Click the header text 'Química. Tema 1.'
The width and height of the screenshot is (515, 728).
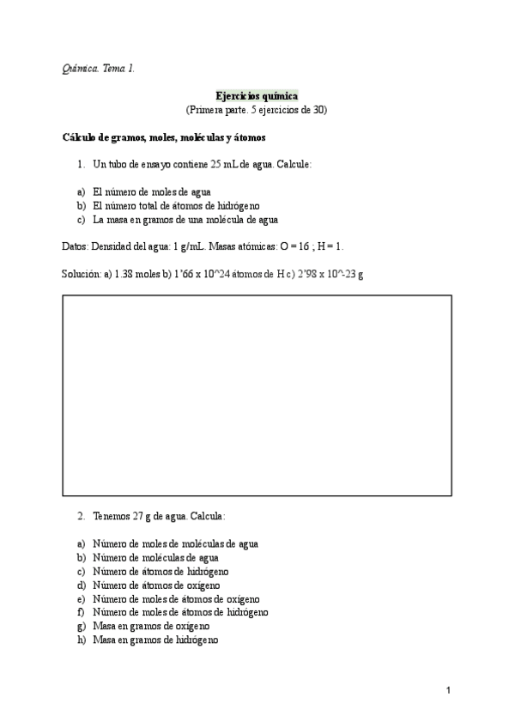tap(99, 69)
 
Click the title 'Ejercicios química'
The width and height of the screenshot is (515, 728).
tap(257, 97)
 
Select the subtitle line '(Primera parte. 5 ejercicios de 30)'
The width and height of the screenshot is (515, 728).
tap(257, 110)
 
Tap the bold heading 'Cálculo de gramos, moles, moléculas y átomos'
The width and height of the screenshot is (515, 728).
tap(165, 137)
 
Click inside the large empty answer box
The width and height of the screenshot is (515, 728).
tap(257, 396)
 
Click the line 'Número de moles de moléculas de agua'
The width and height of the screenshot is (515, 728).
tap(175, 543)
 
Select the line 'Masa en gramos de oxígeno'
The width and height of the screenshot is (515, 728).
tap(151, 626)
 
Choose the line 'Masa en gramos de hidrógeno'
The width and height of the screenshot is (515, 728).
tap(155, 640)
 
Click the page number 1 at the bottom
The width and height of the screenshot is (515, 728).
tap(448, 690)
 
